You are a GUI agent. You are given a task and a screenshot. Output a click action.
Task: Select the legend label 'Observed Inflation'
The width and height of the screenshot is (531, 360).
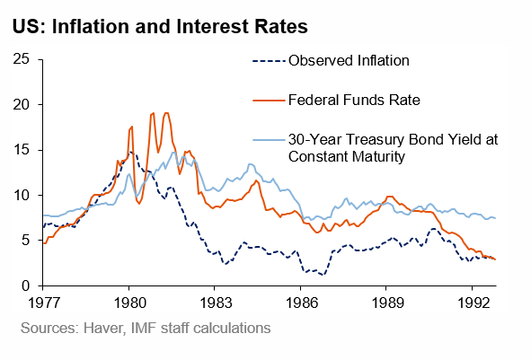(349, 61)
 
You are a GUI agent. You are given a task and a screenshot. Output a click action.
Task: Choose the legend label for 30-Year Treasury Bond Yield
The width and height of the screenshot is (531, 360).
(393, 148)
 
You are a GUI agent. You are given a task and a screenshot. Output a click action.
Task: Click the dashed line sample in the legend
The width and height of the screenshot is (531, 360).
(265, 61)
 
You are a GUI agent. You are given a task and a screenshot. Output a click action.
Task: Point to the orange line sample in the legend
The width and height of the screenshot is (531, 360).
(265, 100)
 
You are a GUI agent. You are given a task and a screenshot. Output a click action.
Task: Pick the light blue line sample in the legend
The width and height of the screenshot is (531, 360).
(265, 140)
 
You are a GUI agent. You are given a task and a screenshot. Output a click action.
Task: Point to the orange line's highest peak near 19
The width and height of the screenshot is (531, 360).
(153, 113)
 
